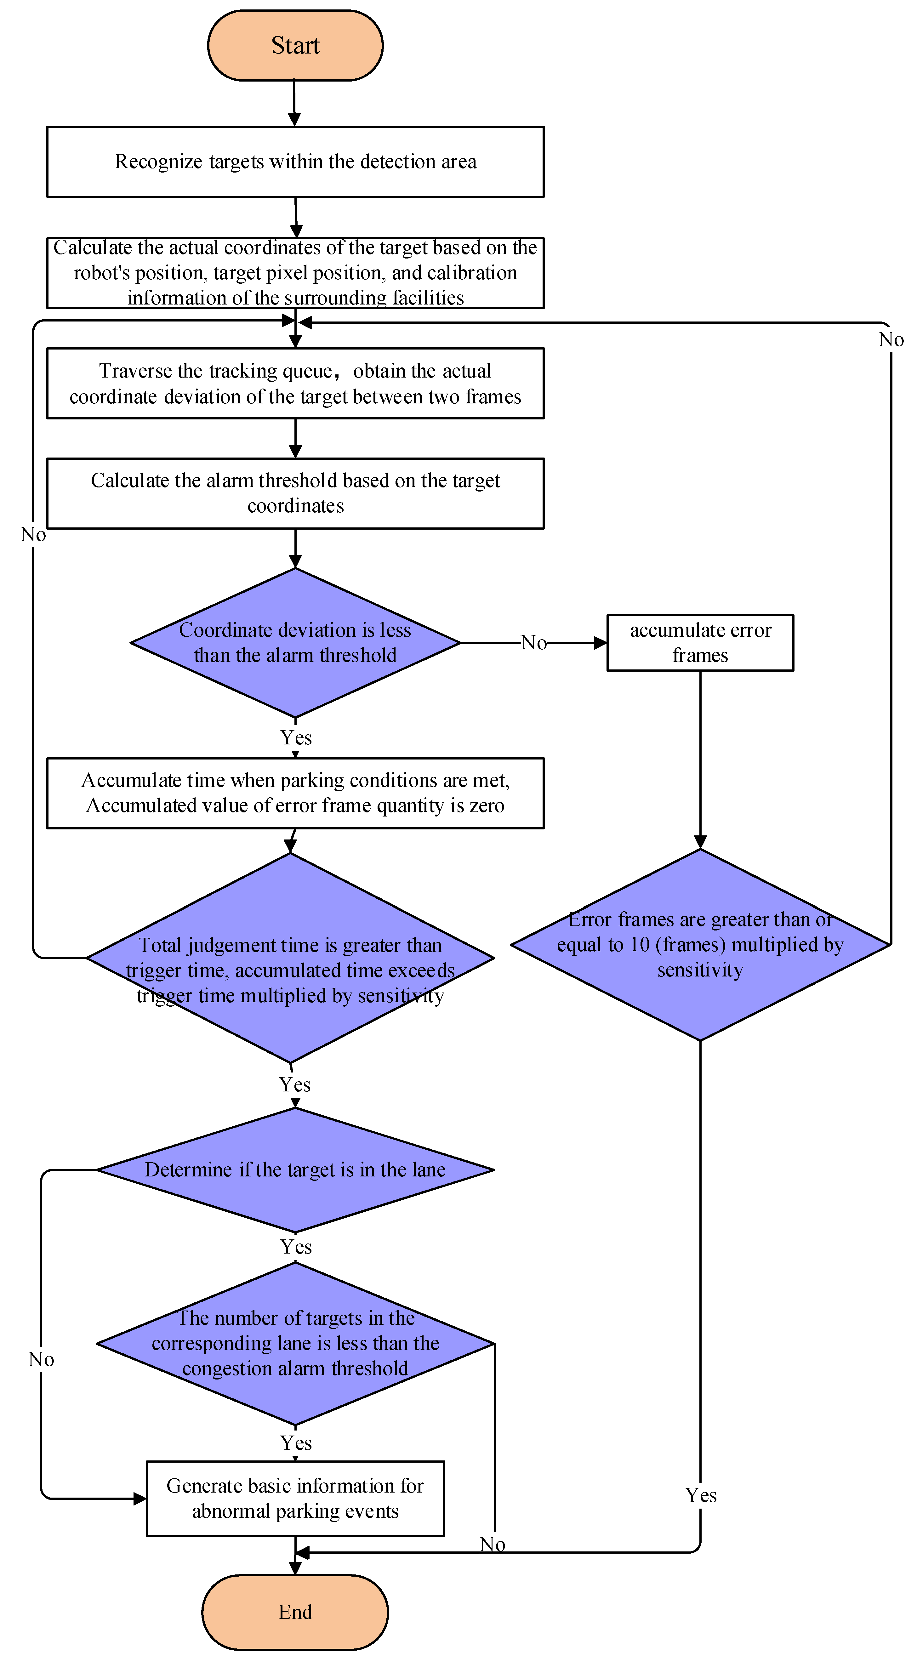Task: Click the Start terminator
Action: pyautogui.click(x=295, y=45)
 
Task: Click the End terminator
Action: pyautogui.click(x=295, y=1611)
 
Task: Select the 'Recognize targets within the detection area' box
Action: pyautogui.click(x=295, y=162)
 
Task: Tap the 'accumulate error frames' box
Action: pyautogui.click(x=700, y=643)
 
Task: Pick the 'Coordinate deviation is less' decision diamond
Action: pyautogui.click(x=295, y=643)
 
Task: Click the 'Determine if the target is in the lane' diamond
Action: pyautogui.click(x=295, y=1170)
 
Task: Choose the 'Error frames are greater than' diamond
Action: pyautogui.click(x=700, y=945)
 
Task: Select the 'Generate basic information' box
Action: pyautogui.click(x=295, y=1498)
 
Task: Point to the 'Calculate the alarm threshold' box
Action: pyautogui.click(x=295, y=493)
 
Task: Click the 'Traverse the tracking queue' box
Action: pyautogui.click(x=295, y=383)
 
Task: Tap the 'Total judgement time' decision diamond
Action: pyautogui.click(x=291, y=958)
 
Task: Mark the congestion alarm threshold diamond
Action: pyautogui.click(x=295, y=1343)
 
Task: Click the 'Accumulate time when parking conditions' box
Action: pyautogui.click(x=295, y=793)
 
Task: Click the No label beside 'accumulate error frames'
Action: pyautogui.click(x=534, y=643)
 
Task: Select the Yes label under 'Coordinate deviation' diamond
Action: pyautogui.click(x=296, y=738)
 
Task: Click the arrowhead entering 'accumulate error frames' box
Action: pyautogui.click(x=601, y=643)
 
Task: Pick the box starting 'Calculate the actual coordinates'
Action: pyautogui.click(x=295, y=272)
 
